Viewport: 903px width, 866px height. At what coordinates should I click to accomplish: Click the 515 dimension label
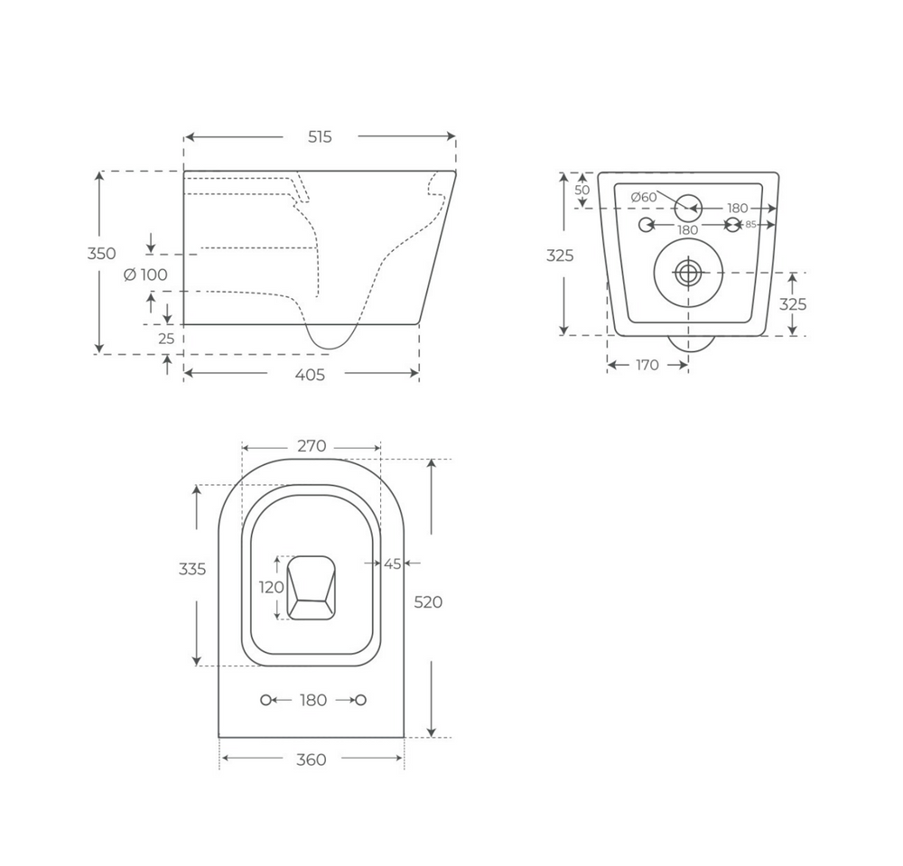320,137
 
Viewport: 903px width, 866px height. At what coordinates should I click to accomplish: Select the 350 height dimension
101,254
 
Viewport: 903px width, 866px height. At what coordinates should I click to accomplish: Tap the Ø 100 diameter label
145,275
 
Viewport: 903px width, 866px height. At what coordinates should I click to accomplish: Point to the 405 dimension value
310,375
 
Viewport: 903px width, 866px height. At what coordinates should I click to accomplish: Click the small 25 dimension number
166,339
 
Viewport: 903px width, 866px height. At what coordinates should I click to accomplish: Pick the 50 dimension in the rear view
582,190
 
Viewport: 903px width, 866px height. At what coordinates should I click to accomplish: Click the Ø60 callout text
644,197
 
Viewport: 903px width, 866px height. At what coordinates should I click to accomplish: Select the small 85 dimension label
750,225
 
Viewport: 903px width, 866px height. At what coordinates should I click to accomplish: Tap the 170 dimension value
647,365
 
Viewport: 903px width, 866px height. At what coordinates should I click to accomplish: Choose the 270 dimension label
312,446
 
